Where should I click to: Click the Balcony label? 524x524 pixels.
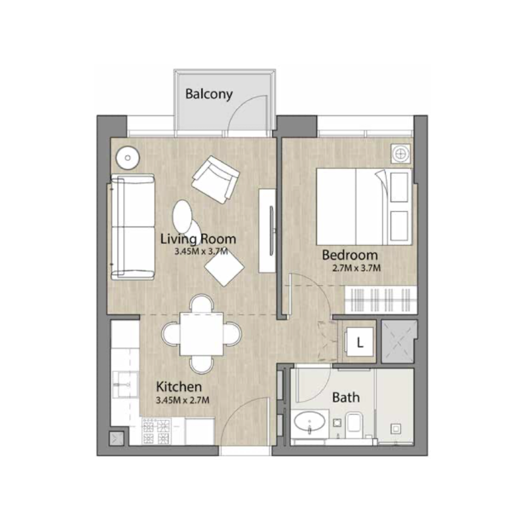click(209, 94)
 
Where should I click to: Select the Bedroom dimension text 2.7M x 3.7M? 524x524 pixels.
click(358, 267)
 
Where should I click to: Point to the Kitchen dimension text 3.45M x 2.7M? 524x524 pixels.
click(178, 399)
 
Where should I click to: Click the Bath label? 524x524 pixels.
click(346, 397)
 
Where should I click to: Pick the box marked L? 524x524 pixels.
click(360, 341)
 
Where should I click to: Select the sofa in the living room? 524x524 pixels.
click(132, 227)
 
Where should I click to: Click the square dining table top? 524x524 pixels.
click(200, 333)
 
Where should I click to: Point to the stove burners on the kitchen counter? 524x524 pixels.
click(157, 432)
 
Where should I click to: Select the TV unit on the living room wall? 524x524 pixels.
click(267, 230)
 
